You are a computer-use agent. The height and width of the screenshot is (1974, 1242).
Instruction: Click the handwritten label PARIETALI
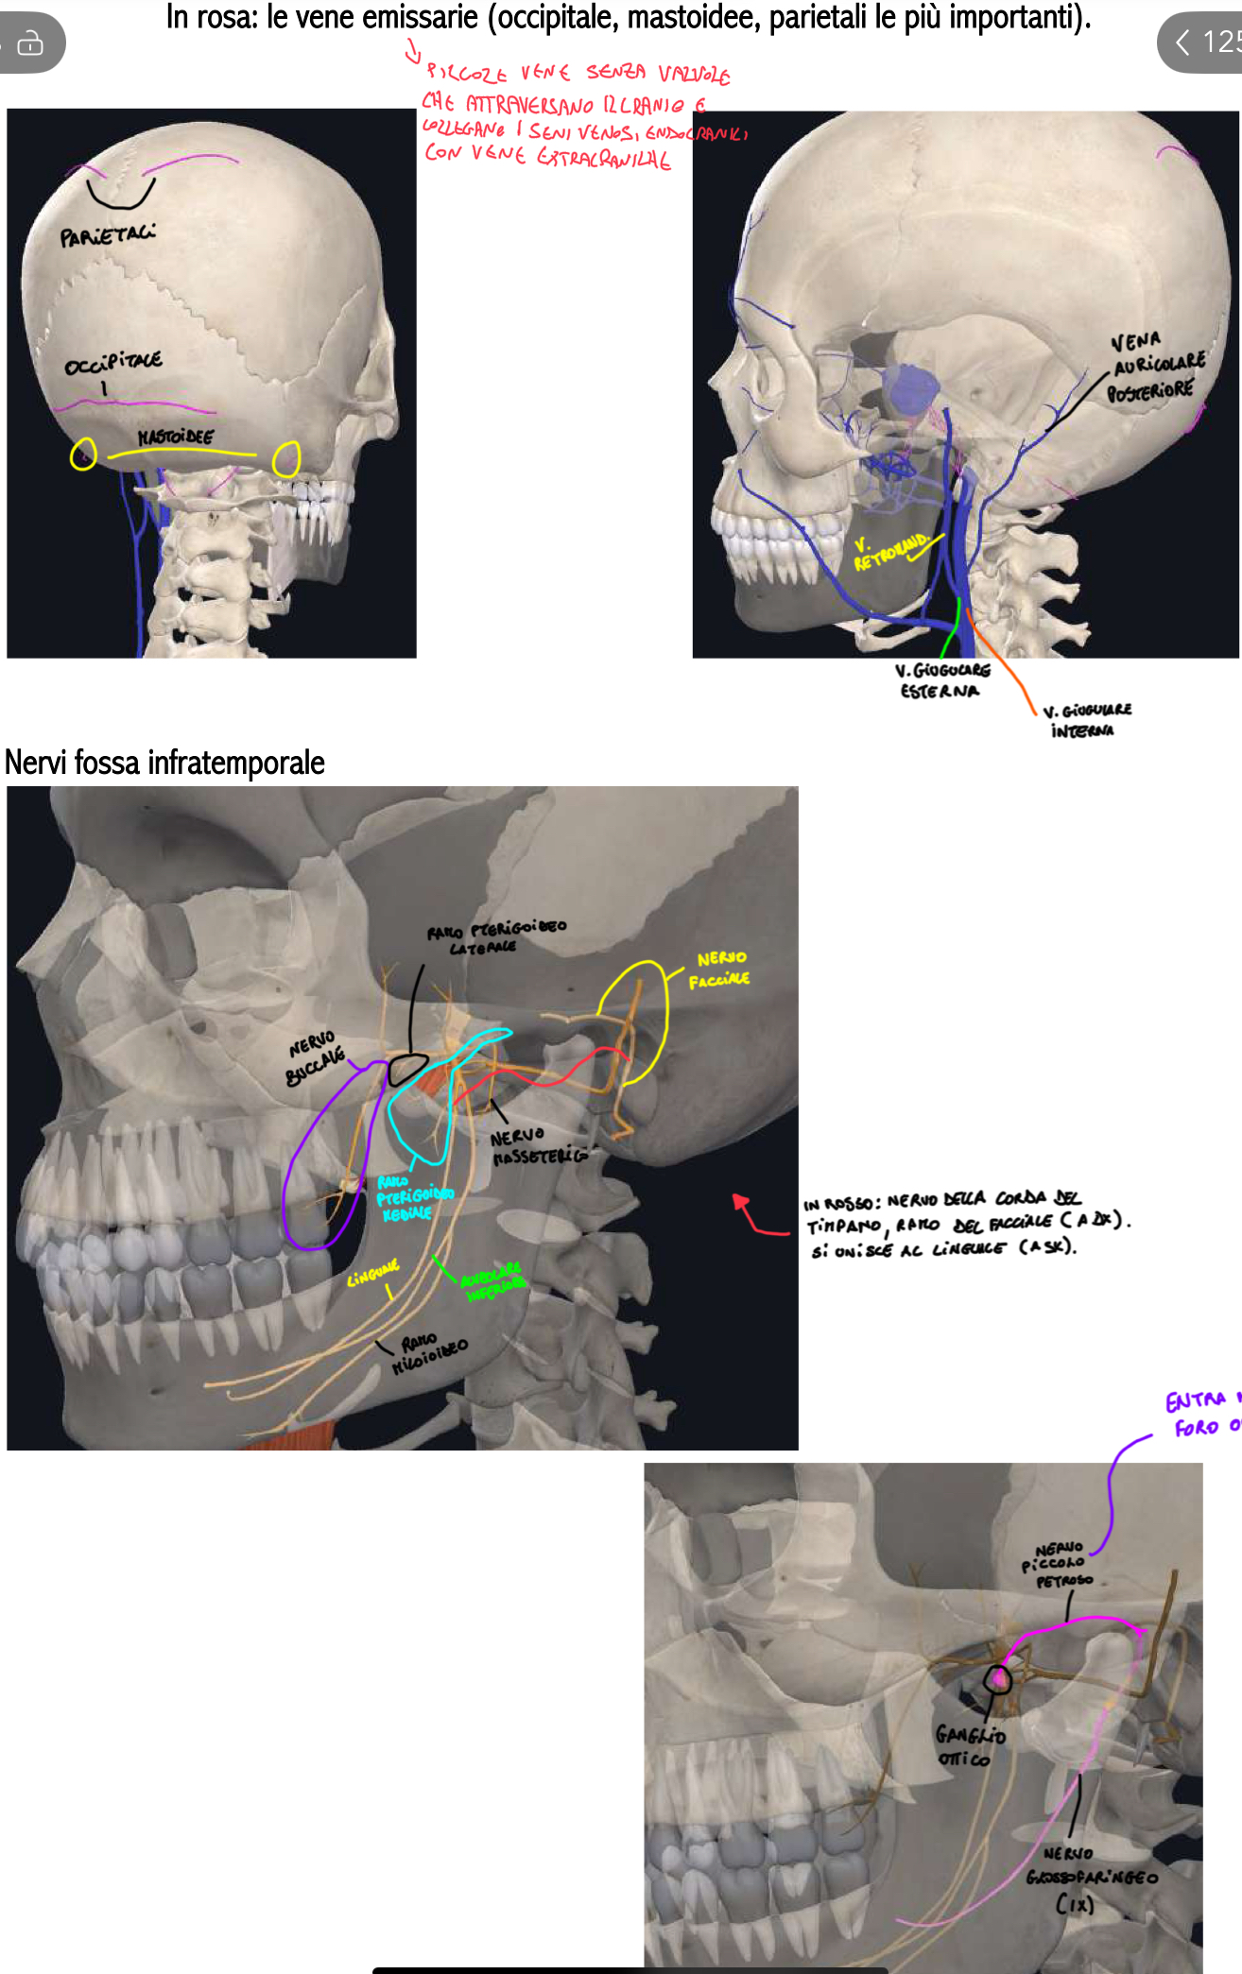108,234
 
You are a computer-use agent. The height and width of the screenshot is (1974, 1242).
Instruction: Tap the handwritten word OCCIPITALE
113,363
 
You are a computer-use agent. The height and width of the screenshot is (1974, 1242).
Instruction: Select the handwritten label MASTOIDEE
176,437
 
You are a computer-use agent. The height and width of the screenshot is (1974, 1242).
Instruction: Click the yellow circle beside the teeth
286,460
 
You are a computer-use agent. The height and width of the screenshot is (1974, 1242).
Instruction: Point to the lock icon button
30,43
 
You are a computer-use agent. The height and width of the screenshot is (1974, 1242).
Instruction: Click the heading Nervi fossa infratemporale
164,763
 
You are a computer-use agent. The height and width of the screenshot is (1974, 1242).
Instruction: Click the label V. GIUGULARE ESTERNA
942,680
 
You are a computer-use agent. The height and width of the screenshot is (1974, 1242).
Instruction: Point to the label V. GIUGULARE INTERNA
1086,720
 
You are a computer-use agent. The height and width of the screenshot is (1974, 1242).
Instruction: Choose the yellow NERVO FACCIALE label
719,970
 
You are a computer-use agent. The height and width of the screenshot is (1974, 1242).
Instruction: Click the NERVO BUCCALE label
316,1058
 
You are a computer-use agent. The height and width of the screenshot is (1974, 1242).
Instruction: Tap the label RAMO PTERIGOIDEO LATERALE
495,936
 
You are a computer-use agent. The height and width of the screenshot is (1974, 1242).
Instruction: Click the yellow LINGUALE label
372,1275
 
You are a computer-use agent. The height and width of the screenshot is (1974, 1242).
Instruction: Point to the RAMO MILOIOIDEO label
430,1352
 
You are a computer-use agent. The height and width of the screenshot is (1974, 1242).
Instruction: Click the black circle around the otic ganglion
997,1679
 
